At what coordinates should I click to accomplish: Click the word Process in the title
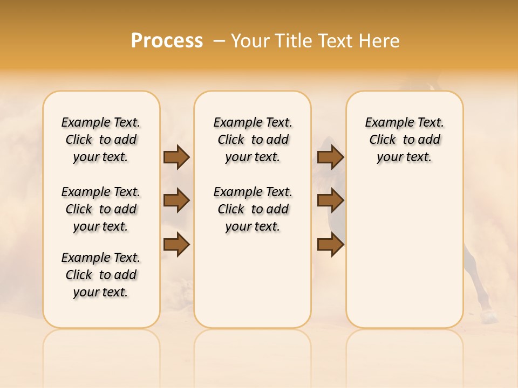click(167, 41)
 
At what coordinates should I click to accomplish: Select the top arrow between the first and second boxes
click(176, 157)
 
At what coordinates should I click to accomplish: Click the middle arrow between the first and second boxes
click(176, 200)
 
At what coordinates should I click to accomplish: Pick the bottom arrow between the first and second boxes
click(176, 245)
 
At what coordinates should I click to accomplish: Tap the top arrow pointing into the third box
click(331, 157)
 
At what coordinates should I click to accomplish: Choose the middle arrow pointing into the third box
click(331, 200)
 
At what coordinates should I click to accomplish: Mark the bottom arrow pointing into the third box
click(331, 245)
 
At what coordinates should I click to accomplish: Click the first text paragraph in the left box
click(101, 140)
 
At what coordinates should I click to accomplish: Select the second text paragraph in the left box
click(101, 209)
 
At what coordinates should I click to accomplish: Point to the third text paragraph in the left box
click(101, 275)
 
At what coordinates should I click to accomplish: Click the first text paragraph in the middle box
click(253, 140)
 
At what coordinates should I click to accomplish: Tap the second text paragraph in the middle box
click(253, 209)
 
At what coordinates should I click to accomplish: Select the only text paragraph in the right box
click(405, 140)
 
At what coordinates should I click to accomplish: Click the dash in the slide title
click(219, 41)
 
